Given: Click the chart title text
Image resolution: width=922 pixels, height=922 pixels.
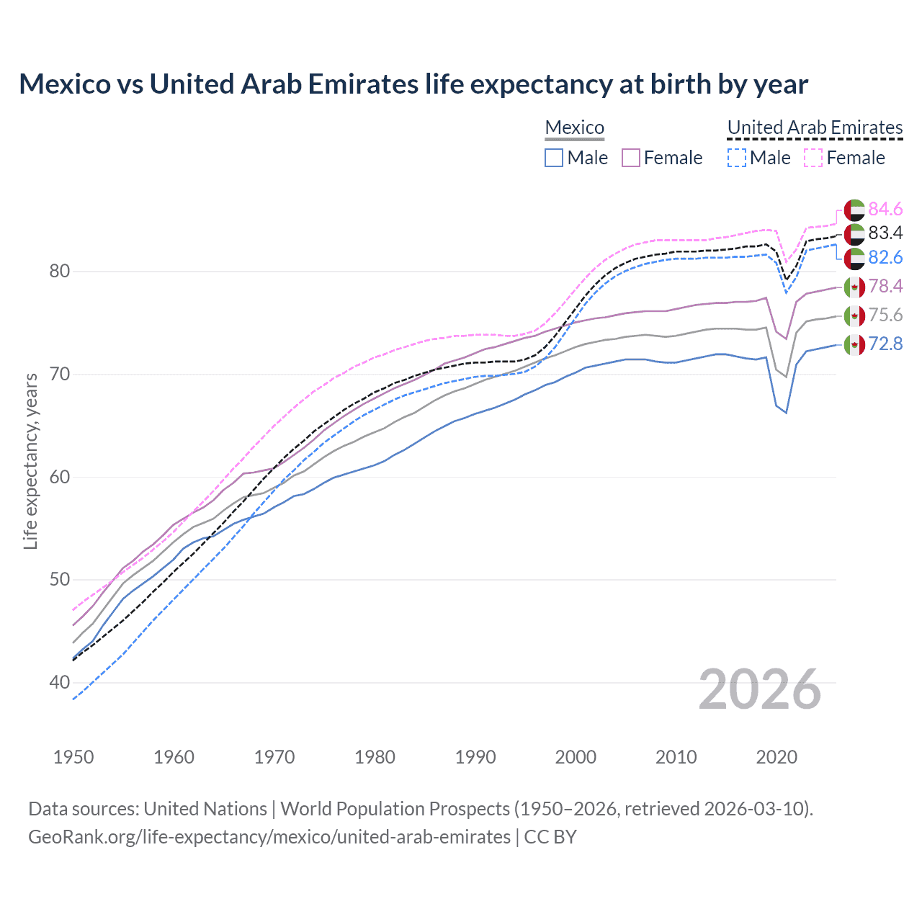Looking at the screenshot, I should [413, 84].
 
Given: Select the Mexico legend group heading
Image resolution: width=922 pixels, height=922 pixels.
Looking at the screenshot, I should [574, 127].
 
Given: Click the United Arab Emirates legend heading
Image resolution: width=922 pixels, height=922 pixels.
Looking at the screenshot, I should [815, 127].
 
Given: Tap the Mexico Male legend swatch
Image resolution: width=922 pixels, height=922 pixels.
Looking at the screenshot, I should [554, 158].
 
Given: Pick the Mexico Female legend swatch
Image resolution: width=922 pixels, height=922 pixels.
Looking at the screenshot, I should [631, 158].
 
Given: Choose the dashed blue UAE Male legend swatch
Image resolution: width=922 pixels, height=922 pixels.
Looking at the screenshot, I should [736, 158].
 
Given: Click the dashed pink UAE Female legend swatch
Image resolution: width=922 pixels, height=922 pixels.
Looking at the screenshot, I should [813, 158].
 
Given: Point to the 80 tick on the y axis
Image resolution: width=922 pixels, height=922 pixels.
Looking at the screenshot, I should [60, 272].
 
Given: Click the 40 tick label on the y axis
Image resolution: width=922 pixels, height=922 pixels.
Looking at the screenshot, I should [60, 682].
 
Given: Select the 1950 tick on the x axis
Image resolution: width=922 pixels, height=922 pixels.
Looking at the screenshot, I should [73, 757].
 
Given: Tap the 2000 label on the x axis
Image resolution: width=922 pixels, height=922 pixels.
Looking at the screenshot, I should [576, 757].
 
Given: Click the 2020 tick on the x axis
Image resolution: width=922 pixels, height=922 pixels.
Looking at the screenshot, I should [776, 757].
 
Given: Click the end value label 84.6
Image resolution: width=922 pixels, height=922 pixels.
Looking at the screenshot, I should [885, 209].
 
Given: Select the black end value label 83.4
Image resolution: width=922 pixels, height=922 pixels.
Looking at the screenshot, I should [885, 233].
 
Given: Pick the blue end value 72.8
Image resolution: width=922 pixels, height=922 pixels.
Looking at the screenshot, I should [885, 344].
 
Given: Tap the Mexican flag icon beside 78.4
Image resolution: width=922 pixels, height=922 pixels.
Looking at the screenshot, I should [854, 287].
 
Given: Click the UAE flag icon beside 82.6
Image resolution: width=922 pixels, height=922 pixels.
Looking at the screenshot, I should [854, 258].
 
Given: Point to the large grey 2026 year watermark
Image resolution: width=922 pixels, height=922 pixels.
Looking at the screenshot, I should [760, 689].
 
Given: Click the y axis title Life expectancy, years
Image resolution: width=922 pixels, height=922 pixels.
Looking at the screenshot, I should [30, 461].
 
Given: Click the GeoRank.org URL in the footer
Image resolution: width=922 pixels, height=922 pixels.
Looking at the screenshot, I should [269, 837].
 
